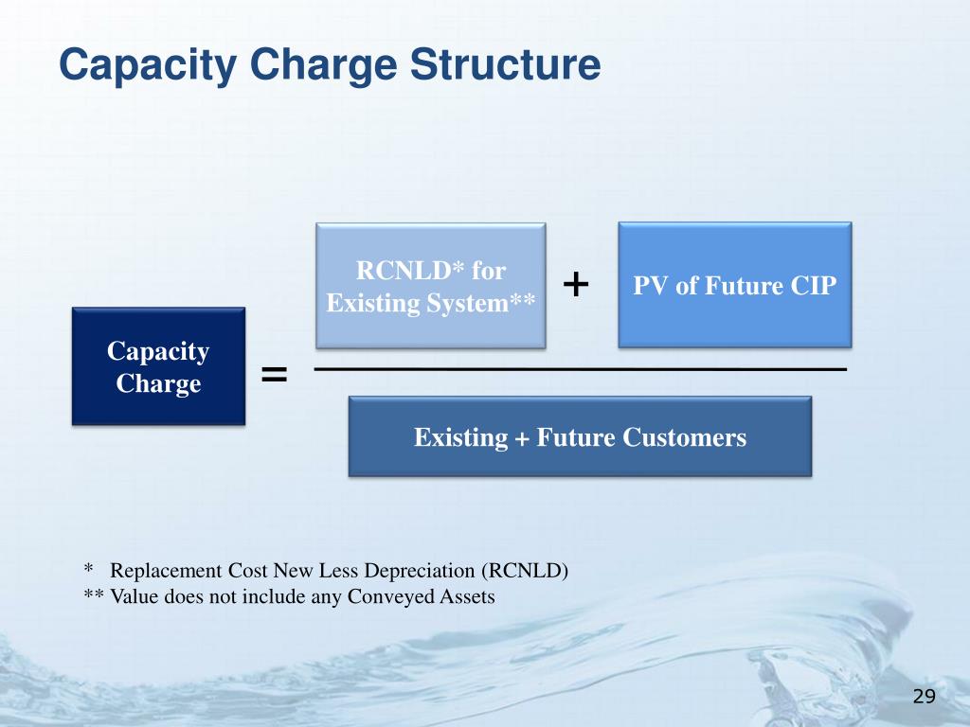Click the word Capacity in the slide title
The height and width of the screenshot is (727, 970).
click(x=133, y=66)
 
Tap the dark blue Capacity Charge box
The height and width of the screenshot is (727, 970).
click(x=158, y=366)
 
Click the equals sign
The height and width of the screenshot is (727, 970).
click(x=274, y=376)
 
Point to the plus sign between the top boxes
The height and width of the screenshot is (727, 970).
click(x=576, y=283)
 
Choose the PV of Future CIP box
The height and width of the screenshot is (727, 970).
click(x=734, y=285)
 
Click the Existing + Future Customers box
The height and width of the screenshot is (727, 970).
click(x=580, y=437)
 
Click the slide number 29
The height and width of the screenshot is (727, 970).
click(x=924, y=698)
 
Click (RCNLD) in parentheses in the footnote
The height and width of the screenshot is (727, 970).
click(x=524, y=571)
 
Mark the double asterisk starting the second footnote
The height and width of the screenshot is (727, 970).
click(x=93, y=596)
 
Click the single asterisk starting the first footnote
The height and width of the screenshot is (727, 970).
click(x=88, y=570)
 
